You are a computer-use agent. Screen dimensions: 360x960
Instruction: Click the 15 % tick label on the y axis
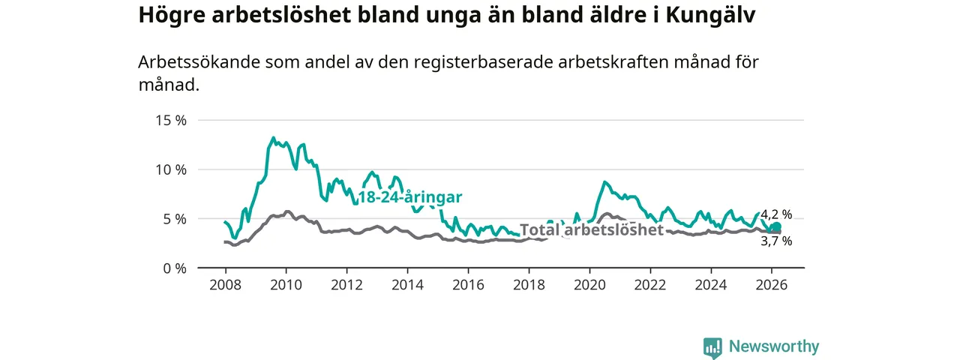click(x=170, y=120)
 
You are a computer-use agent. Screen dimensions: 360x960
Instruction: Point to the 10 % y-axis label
click(x=170, y=169)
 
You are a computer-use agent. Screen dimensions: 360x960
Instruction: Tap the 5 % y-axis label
click(x=174, y=219)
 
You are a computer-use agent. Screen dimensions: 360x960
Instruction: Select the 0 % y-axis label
click(x=174, y=268)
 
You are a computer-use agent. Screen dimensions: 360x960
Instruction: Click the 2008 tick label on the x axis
click(x=225, y=285)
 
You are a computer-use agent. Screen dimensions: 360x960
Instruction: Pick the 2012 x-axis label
click(x=346, y=285)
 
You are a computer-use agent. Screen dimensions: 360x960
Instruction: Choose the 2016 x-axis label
click(x=468, y=285)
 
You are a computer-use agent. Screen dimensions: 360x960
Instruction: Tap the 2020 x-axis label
click(x=589, y=285)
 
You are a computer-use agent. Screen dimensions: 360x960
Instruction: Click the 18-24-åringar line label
click(x=409, y=197)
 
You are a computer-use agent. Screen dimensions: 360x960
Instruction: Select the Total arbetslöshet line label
click(x=592, y=229)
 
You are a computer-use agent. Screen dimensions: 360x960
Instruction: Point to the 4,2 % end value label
click(x=776, y=214)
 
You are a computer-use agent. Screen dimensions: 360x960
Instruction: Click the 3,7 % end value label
click(x=776, y=241)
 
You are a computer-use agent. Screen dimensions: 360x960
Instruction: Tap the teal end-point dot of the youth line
click(x=776, y=227)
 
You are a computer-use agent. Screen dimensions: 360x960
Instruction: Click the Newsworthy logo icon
click(x=712, y=347)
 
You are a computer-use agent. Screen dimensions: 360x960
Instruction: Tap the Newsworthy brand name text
click(x=774, y=346)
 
